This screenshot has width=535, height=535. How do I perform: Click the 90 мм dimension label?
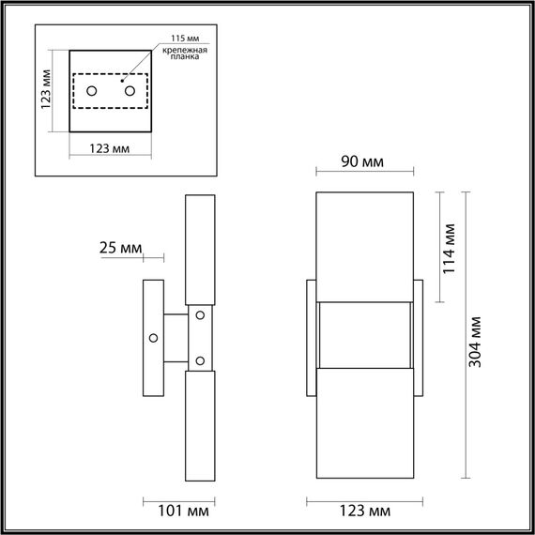click(x=361, y=162)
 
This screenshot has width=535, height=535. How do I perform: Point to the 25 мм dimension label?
click(x=120, y=248)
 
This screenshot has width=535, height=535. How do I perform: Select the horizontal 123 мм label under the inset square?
click(x=109, y=147)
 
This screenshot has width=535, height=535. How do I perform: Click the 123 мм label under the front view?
click(x=365, y=512)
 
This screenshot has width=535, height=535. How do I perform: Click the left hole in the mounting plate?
click(x=93, y=90)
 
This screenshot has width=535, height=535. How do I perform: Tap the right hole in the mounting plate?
click(x=130, y=90)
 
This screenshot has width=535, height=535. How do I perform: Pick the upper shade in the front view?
click(x=365, y=246)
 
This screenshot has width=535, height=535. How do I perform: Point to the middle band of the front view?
click(x=365, y=336)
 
